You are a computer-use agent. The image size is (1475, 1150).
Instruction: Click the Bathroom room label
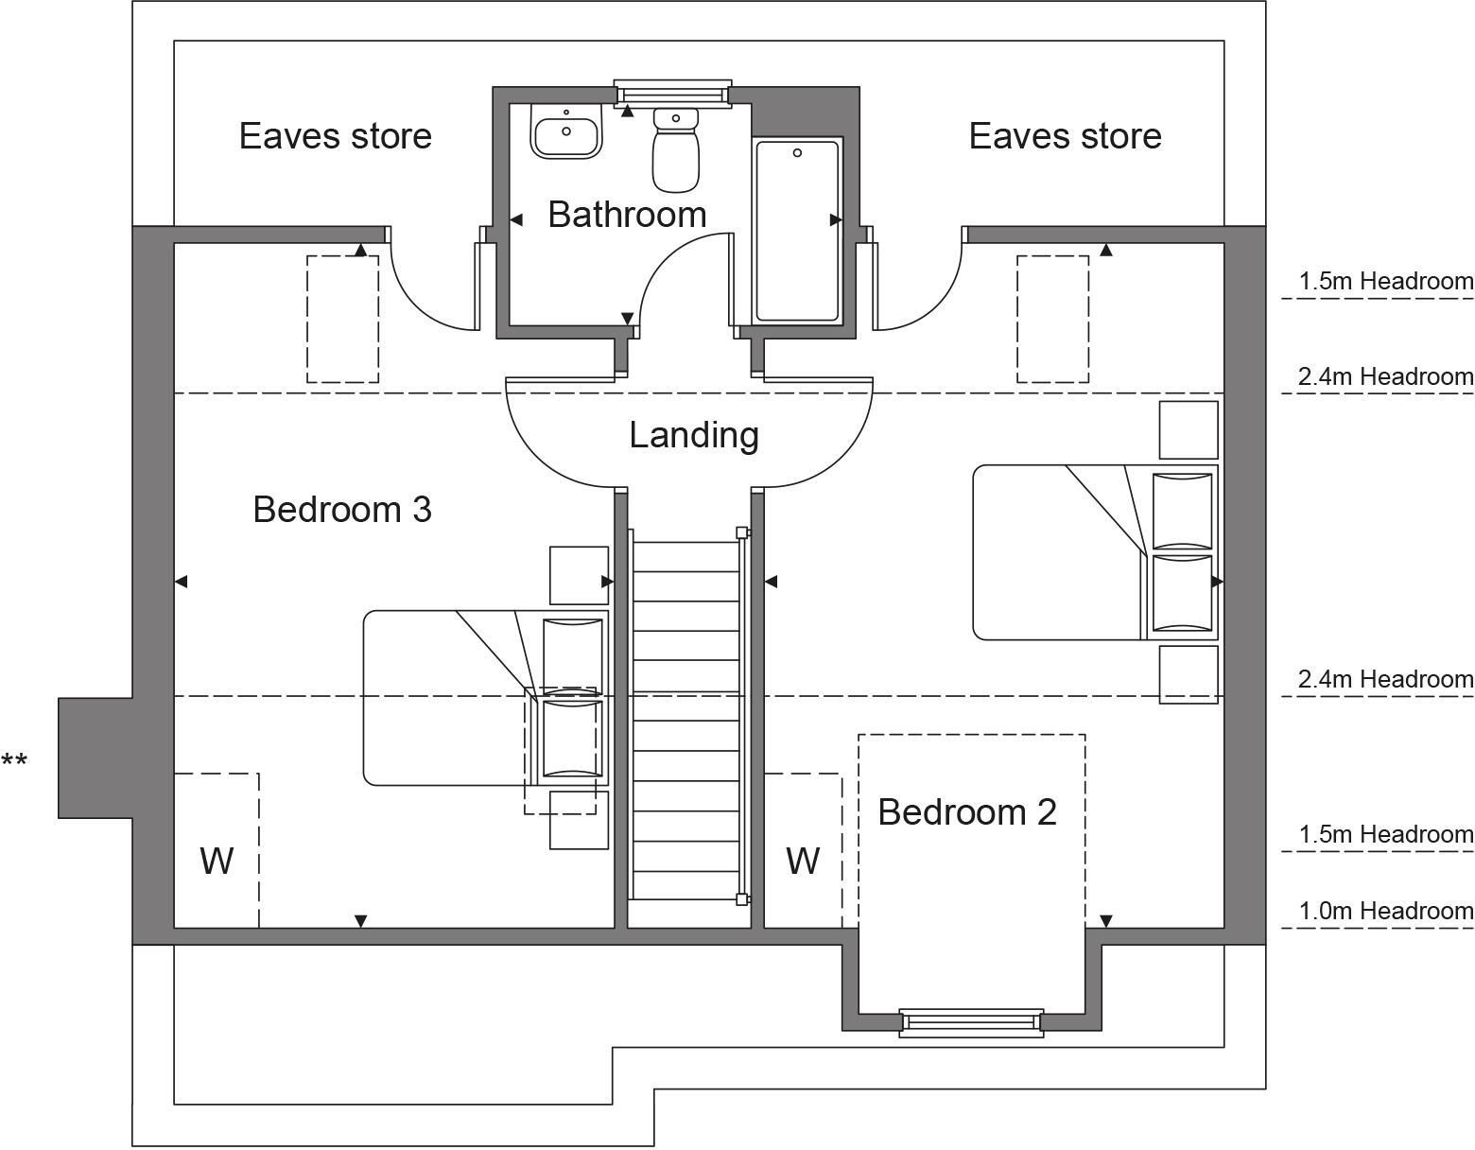click(627, 215)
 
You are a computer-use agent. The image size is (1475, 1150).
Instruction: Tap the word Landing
click(694, 435)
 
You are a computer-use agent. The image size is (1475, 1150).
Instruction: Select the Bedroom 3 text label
click(342, 510)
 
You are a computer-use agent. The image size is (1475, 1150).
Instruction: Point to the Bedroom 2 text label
click(966, 812)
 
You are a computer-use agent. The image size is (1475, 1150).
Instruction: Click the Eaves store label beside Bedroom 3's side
click(335, 136)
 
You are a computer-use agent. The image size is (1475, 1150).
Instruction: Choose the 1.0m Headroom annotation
click(1385, 911)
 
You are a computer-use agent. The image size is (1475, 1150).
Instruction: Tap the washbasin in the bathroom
click(566, 132)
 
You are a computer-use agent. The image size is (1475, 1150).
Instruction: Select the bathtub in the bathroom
click(797, 231)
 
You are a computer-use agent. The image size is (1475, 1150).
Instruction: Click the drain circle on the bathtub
click(797, 152)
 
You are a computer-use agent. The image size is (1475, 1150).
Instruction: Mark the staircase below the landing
click(686, 719)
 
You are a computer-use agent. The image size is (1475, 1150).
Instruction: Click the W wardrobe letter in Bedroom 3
click(217, 862)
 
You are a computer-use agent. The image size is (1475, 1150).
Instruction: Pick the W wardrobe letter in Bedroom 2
click(803, 862)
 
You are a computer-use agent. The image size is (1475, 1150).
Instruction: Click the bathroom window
click(672, 93)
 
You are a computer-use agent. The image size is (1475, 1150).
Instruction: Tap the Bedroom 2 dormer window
click(971, 1023)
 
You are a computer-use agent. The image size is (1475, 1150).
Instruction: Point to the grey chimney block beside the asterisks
click(95, 758)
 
